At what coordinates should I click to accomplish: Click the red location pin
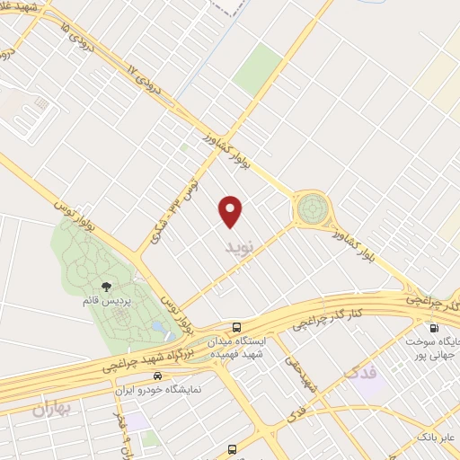click(231, 209)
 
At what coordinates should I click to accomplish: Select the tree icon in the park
click(107, 287)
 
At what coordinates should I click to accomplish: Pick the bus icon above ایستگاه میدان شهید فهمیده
click(236, 328)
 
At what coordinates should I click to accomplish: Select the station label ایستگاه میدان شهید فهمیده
click(236, 348)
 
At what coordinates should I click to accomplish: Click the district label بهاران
click(51, 411)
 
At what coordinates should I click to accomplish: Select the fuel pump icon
click(434, 328)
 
